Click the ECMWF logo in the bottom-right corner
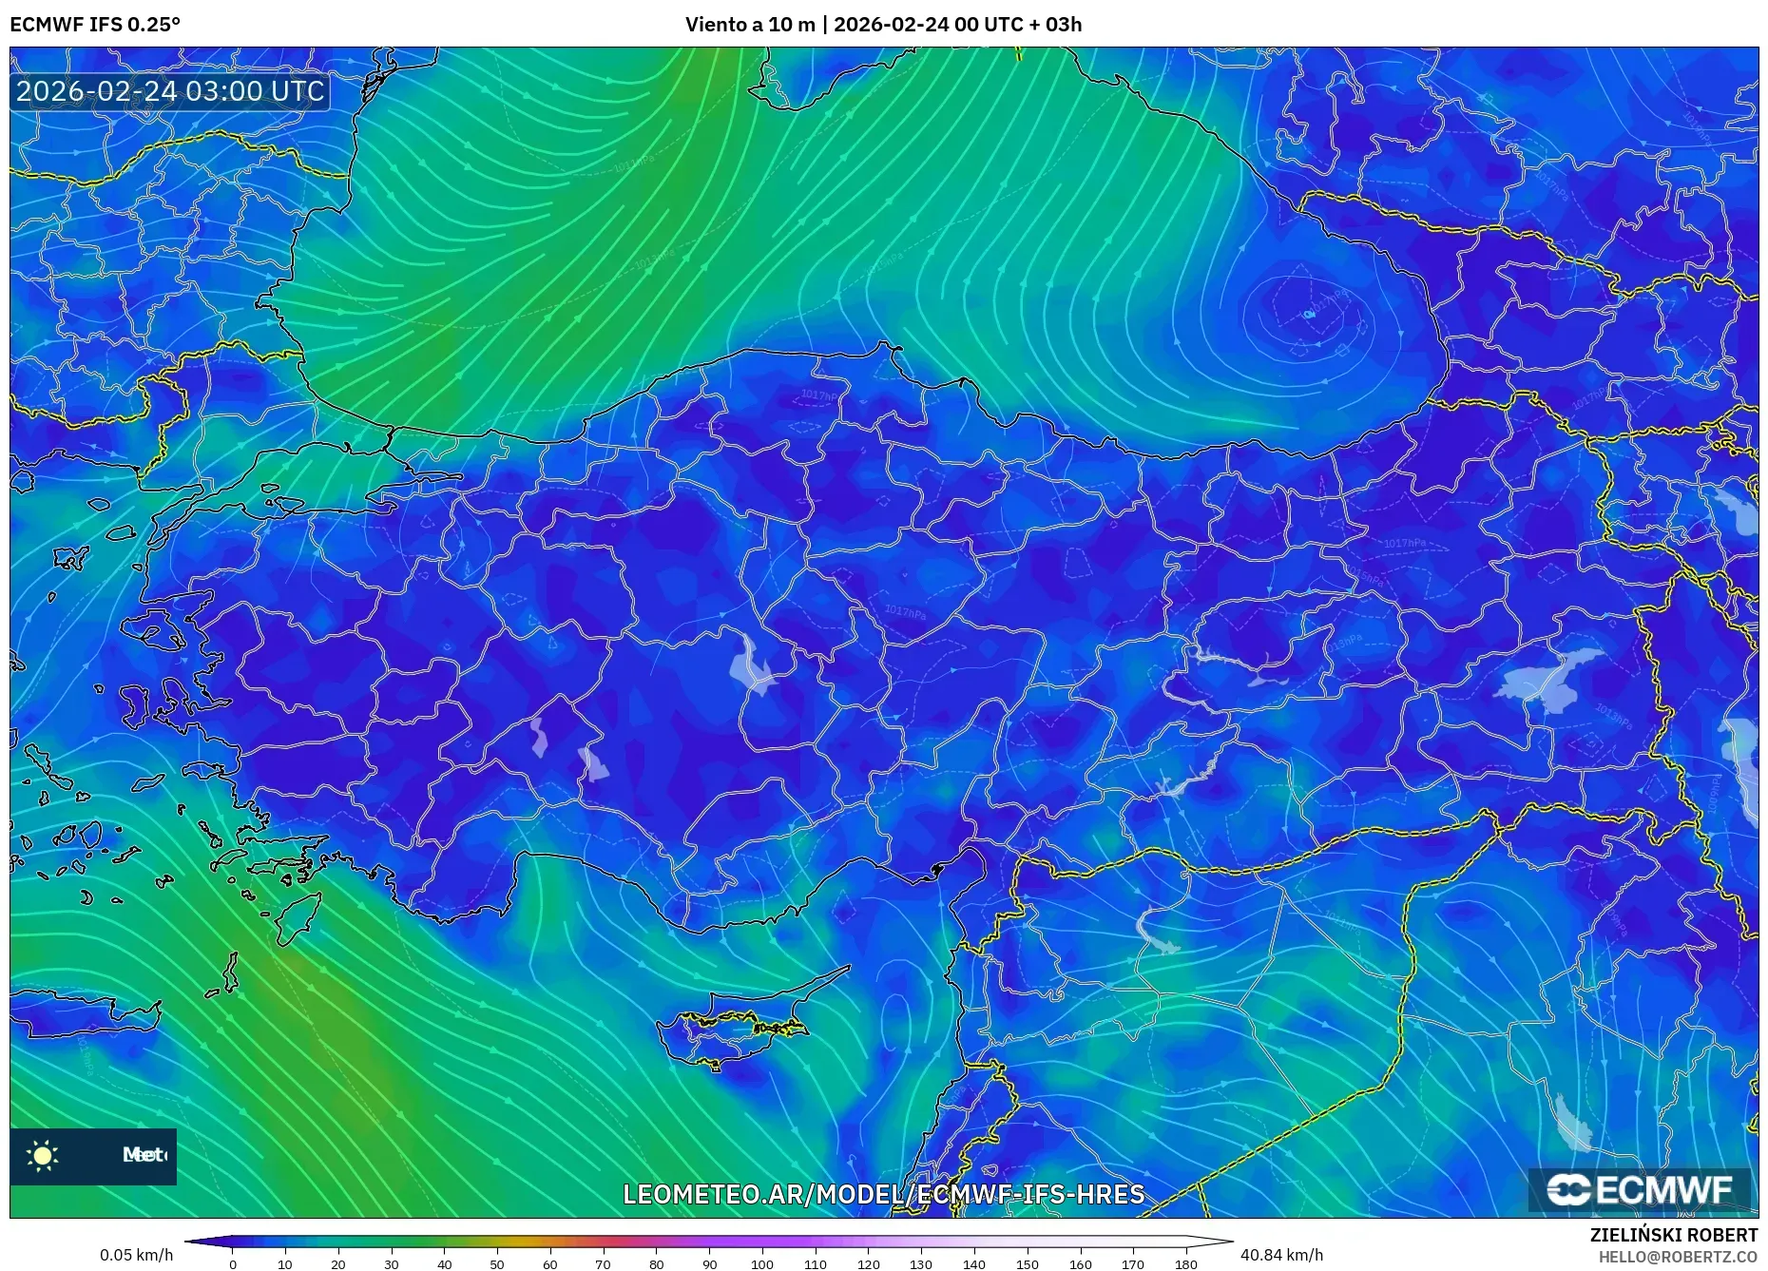coord(1640,1189)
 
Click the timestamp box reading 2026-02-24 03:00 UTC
coord(171,91)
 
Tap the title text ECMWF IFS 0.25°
coord(95,25)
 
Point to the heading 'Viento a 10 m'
coord(750,25)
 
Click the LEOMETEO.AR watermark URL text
coord(883,1195)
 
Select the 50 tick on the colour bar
coord(497,1264)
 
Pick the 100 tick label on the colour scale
coord(762,1264)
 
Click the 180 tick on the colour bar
coord(1185,1264)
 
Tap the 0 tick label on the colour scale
coord(233,1264)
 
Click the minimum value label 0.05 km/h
coord(136,1255)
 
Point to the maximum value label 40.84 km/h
coord(1281,1255)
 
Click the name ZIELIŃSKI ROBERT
coord(1673,1235)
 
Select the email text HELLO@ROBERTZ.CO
coord(1678,1257)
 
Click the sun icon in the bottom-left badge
coord(43,1156)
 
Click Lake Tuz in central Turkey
coord(751,665)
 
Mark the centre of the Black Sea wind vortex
coord(1309,314)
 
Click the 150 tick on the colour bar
coord(1027,1264)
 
